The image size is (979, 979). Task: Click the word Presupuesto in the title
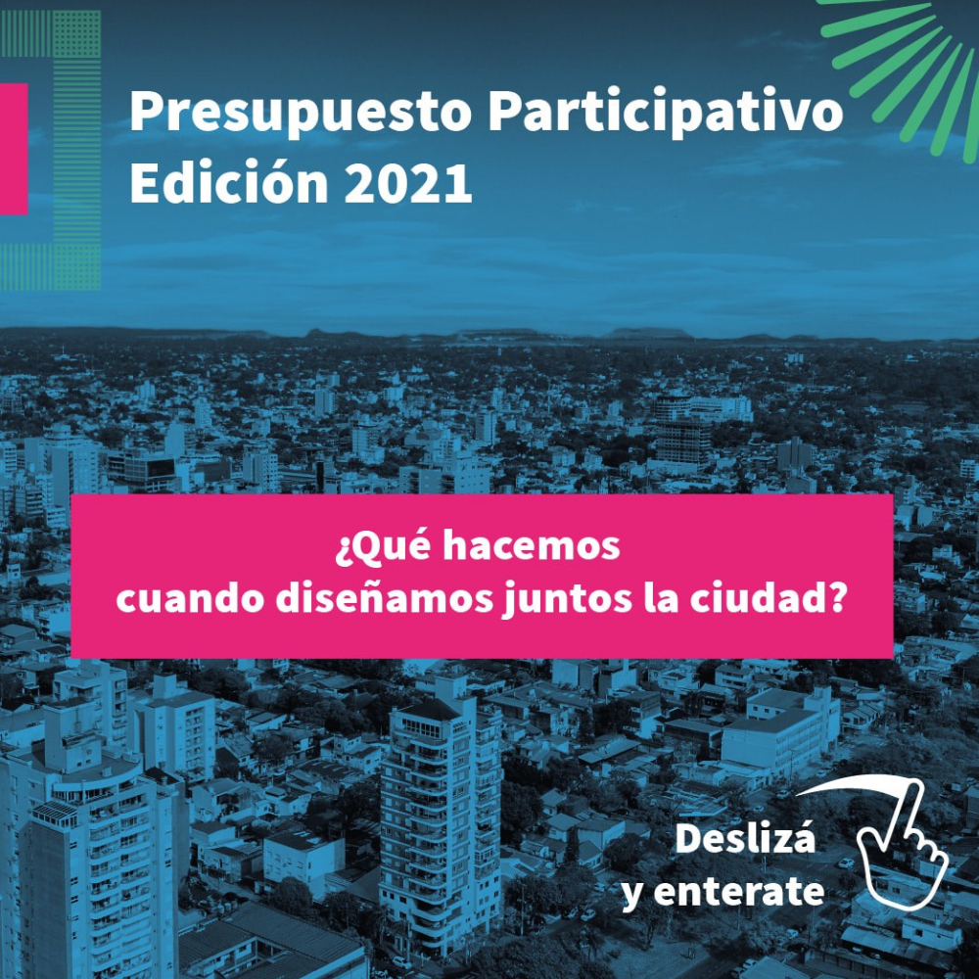coord(301,114)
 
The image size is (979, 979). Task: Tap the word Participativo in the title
coord(665,113)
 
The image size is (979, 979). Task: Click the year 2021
coord(407,183)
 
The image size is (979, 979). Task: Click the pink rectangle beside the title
coord(14,149)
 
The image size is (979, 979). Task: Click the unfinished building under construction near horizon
coord(683,441)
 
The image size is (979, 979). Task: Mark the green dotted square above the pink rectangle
coord(76,33)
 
